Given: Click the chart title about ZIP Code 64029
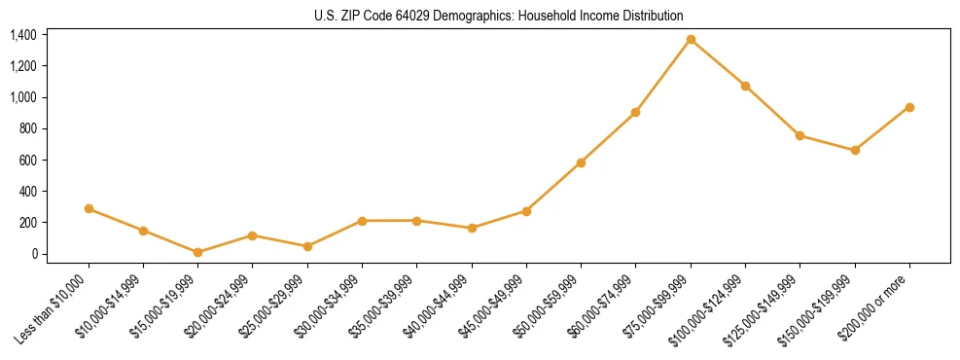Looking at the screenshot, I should tap(499, 16).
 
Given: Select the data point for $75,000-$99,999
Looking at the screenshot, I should tap(691, 40).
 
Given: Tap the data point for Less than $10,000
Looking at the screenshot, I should tap(89, 208).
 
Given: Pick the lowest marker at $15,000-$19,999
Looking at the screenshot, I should tap(197, 252).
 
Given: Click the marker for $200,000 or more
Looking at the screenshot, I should tap(909, 107).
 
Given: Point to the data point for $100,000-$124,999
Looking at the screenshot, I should tap(745, 86).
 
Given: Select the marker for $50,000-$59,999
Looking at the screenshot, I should tap(581, 162).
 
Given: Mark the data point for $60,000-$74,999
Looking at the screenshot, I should tap(635, 112).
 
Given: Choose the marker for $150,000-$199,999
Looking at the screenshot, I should tap(855, 150).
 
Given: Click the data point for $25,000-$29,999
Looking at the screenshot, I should tap(307, 246).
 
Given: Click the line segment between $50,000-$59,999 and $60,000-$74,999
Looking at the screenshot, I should tap(608, 137).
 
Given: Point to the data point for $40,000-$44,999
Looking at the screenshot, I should tap(472, 228).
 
